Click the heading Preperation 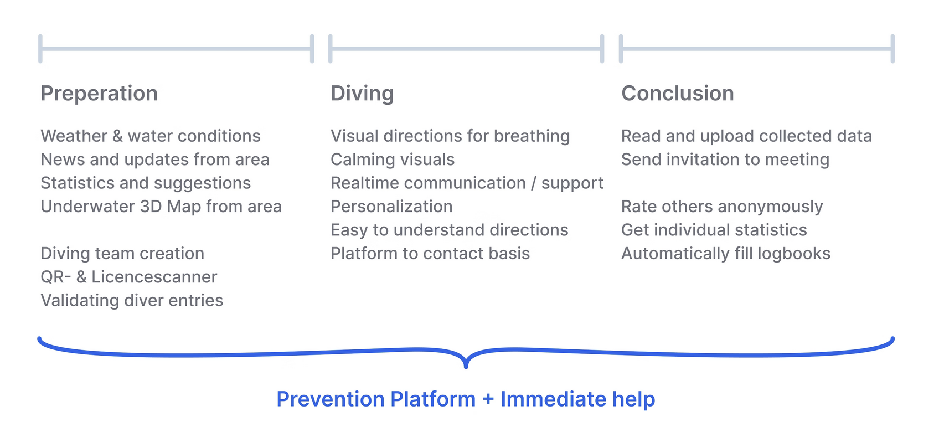click(x=99, y=94)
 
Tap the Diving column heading click(x=362, y=94)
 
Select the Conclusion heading click(x=678, y=93)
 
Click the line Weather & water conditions click(x=151, y=136)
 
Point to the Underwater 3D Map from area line click(x=161, y=207)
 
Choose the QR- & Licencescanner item click(x=128, y=277)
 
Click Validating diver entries click(x=132, y=300)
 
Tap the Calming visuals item click(x=393, y=160)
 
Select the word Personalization click(x=391, y=207)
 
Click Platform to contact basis click(x=430, y=253)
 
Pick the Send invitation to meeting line click(x=725, y=160)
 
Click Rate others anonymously click(x=722, y=207)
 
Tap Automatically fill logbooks click(x=726, y=254)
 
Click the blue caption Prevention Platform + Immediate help click(x=466, y=399)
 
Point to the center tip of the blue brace click(x=466, y=367)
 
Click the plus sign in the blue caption click(x=488, y=399)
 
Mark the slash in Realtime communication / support click(x=533, y=183)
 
